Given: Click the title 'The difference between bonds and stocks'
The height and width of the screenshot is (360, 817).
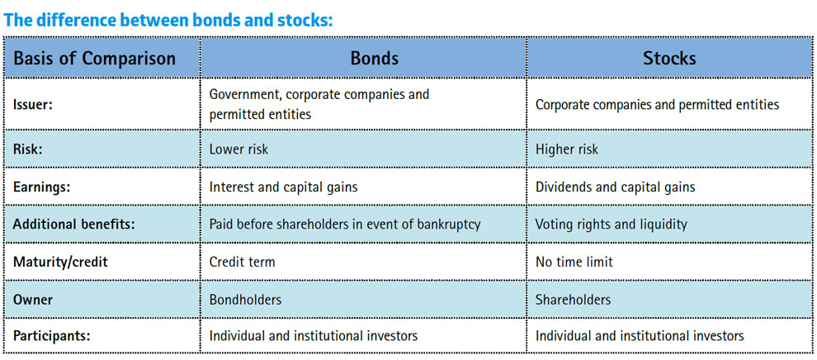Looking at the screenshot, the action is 168,20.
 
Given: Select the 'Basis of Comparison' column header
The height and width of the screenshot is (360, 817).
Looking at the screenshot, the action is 94,58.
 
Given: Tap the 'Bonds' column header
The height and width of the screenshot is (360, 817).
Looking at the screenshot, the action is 374,58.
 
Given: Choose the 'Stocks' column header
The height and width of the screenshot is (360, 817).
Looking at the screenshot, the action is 669,58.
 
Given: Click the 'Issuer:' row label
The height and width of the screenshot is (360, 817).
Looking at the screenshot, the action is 33,104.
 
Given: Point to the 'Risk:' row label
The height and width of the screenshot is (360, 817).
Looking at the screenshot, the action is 27,149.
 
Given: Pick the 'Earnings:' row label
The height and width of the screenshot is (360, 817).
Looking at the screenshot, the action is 41,187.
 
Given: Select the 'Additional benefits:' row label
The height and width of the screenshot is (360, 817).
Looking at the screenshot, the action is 73,224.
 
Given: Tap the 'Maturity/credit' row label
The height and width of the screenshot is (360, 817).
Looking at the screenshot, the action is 60,262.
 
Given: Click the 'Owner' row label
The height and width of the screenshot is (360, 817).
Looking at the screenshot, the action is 32,300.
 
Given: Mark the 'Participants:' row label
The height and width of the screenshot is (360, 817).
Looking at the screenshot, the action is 52,336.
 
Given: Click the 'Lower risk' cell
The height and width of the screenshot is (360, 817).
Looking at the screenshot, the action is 238,149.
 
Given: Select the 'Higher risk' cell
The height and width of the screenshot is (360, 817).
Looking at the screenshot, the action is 567,149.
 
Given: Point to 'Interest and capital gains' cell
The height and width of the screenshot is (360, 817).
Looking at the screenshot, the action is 283,187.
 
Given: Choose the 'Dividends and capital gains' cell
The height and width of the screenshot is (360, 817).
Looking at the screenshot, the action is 616,187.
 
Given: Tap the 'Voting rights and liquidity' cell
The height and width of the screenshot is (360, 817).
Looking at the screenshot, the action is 612,225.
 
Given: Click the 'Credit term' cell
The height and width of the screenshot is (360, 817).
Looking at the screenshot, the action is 242,262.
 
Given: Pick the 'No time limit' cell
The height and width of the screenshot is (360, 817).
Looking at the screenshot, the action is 574,262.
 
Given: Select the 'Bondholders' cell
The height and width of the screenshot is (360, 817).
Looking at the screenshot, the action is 245,300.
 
